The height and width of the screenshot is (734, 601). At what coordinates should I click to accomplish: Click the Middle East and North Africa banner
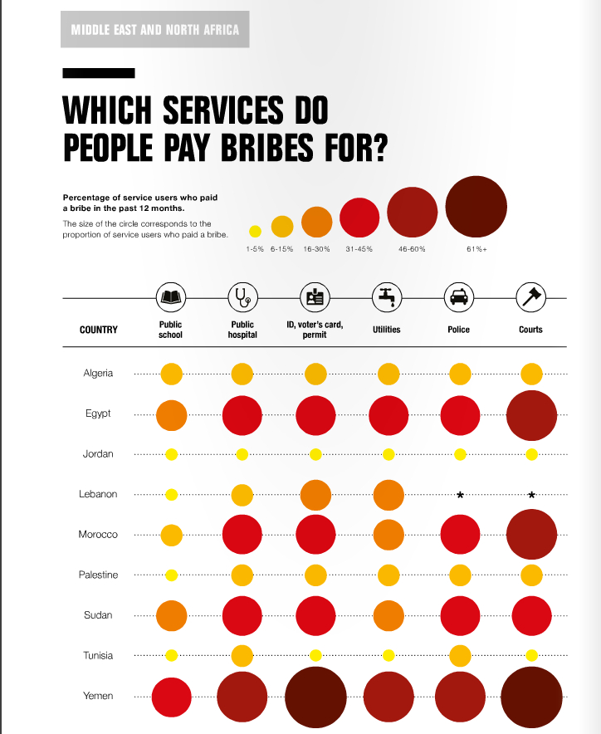pos(154,31)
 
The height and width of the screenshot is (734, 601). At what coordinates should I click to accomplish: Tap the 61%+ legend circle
pos(476,208)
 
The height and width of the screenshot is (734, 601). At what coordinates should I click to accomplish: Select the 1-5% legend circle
pos(255,232)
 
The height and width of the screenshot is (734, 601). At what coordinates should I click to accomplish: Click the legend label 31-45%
pos(359,249)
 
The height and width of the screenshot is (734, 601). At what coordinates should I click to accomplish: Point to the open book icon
pos(170,296)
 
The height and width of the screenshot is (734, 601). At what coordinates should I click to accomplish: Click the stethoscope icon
pos(242,296)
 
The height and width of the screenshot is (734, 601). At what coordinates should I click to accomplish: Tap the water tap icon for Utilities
pos(387,296)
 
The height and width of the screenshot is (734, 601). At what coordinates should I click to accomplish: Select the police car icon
pos(459,296)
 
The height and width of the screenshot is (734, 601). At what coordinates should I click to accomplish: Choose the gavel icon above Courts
pos(530,296)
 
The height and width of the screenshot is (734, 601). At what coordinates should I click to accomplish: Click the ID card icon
pos(315,296)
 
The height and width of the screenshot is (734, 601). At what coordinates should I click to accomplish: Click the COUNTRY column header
pos(99,330)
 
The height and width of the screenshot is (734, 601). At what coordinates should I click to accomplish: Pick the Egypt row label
pos(98,413)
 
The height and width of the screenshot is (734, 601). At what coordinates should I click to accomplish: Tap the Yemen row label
pos(98,696)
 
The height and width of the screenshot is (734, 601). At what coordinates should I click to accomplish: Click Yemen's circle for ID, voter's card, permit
pos(315,696)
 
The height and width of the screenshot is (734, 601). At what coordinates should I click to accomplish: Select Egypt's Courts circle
pos(531,414)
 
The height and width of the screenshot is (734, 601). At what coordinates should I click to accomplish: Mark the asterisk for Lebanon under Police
pos(460,495)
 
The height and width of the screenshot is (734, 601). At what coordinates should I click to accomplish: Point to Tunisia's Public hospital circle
pos(242,655)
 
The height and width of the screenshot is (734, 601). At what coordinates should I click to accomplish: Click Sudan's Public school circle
pos(171,615)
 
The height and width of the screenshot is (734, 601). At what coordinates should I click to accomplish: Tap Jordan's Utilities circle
pos(388,454)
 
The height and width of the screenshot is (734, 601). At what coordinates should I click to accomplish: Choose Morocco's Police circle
pos(460,535)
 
